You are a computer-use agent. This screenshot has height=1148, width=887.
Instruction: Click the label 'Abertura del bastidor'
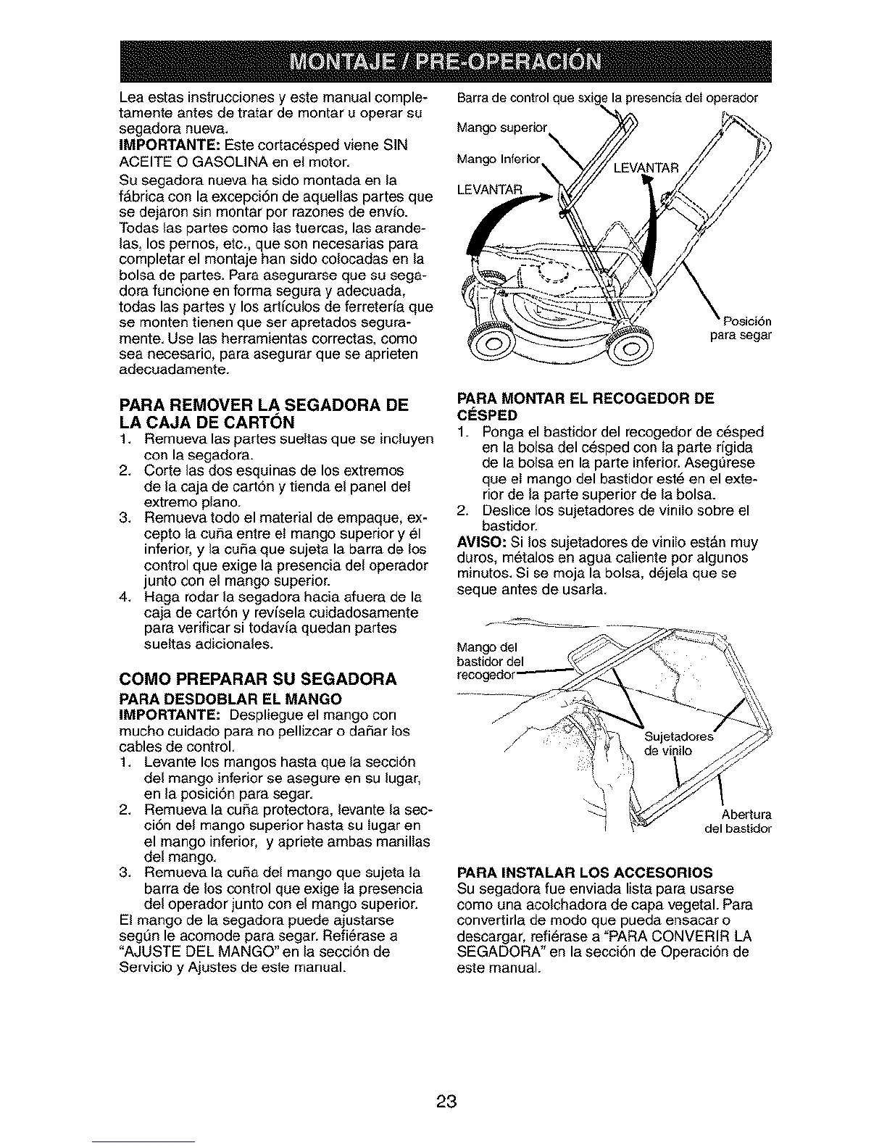(736, 820)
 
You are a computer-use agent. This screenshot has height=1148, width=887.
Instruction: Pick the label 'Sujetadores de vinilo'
(677, 744)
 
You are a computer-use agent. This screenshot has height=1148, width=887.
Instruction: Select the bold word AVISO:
(480, 543)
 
